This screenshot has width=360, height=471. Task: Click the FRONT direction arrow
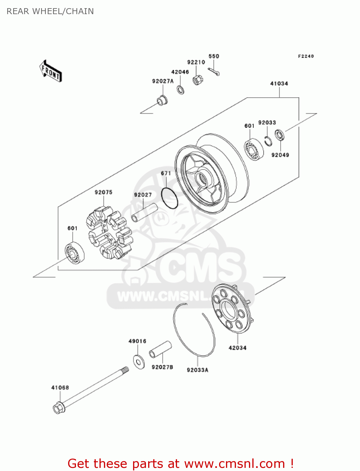click(x=51, y=71)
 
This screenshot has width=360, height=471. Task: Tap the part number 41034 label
click(x=279, y=84)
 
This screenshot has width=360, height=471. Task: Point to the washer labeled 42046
click(x=181, y=90)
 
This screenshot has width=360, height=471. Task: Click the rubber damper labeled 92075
click(x=109, y=233)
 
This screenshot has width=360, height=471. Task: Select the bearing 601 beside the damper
click(x=75, y=253)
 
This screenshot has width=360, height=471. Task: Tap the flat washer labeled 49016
click(x=139, y=362)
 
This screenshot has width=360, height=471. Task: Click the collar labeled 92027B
click(x=160, y=349)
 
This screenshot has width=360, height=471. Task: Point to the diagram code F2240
click(x=306, y=56)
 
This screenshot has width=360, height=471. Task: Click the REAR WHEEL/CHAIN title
click(x=50, y=11)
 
